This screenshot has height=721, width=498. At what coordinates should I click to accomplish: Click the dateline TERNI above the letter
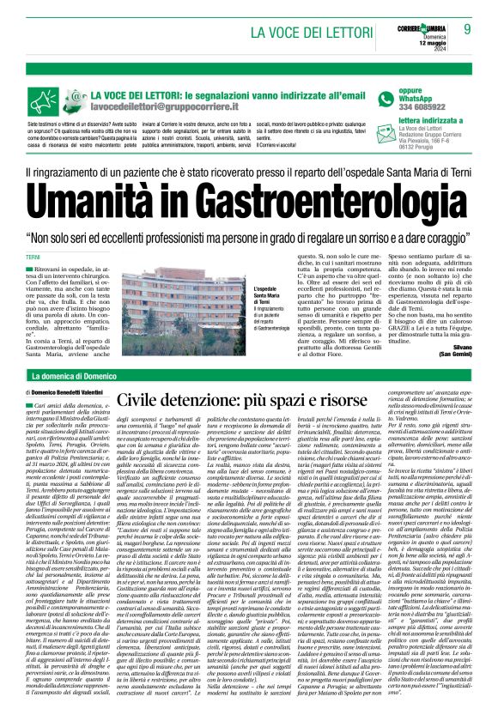click(x=33, y=258)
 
